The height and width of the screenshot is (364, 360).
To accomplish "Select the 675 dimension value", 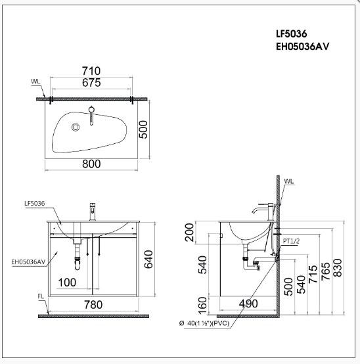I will pyautogui.click(x=91, y=83).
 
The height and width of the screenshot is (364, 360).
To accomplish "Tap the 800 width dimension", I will pyautogui.click(x=91, y=164).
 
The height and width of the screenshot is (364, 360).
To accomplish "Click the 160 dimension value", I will pyautogui.click(x=203, y=304).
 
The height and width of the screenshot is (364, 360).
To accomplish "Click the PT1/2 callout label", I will pyautogui.click(x=291, y=241).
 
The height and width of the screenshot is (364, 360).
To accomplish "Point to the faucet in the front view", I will pyautogui.click(x=93, y=211).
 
